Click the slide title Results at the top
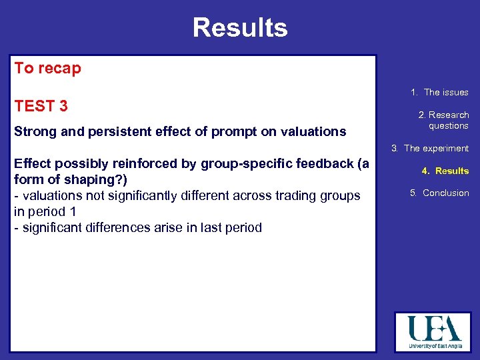click(240, 28)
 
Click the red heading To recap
click(48, 69)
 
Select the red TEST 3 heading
click(41, 106)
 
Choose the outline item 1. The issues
click(439, 93)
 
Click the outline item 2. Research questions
click(443, 120)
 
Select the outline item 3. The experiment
click(430, 149)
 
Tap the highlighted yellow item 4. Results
click(445, 171)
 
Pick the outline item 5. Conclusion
click(439, 193)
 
